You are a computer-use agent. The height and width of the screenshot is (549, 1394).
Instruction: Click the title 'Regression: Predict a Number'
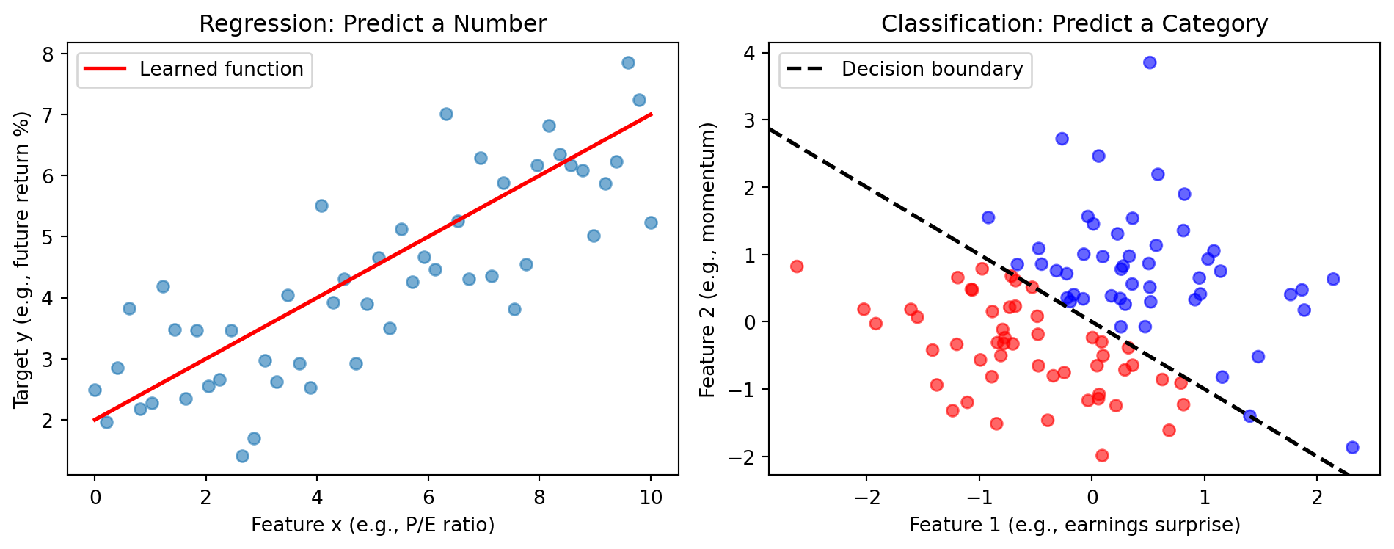point(373,24)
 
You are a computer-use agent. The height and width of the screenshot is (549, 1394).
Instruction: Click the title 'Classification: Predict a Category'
point(1074,24)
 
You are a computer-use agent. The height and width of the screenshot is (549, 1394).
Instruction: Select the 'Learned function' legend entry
point(221,70)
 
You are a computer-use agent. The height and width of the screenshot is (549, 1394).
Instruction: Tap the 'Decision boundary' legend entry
point(932,70)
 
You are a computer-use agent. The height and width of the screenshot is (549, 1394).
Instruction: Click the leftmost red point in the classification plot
point(797,266)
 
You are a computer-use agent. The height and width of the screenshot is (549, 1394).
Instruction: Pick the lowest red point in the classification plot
point(1101,456)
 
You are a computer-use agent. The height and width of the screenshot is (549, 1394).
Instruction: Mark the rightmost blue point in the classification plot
point(1352,448)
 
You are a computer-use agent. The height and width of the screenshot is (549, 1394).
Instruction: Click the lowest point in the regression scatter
point(242,457)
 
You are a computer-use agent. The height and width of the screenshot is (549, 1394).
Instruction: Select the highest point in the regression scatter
point(628,62)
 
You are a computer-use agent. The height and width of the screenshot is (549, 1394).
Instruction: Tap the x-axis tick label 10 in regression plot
point(651,498)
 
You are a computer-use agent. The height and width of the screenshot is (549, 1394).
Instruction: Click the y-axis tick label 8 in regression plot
point(48,54)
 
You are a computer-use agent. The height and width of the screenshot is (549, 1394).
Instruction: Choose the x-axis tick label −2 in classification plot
point(866,498)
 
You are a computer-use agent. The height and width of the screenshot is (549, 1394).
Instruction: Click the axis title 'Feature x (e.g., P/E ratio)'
point(373,525)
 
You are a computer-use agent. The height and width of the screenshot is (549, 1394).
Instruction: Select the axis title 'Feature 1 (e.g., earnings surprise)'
point(1074,525)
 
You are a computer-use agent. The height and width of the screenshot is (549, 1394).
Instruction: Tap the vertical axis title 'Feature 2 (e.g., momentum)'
point(708,260)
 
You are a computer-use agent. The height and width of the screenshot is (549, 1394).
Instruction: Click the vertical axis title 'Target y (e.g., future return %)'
point(21,260)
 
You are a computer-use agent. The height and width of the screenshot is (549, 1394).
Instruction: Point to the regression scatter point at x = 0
point(95,390)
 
